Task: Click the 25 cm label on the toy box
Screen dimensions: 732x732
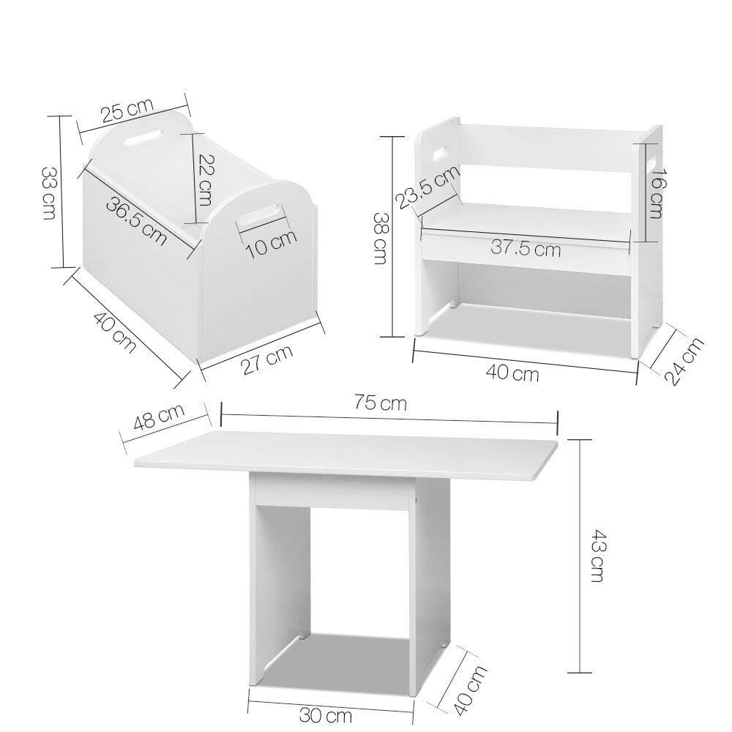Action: tap(127, 111)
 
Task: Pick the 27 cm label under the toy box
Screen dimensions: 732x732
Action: tap(268, 360)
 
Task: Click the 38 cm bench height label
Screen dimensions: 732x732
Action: tap(381, 239)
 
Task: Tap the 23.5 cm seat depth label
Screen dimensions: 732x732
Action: tap(428, 187)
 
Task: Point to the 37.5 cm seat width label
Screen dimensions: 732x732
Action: tap(526, 248)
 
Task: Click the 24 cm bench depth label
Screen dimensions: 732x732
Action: tap(685, 360)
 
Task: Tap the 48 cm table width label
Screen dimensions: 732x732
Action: tap(160, 422)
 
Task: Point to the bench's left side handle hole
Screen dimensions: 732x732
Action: tap(442, 154)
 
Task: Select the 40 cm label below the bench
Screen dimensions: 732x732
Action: tap(513, 374)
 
